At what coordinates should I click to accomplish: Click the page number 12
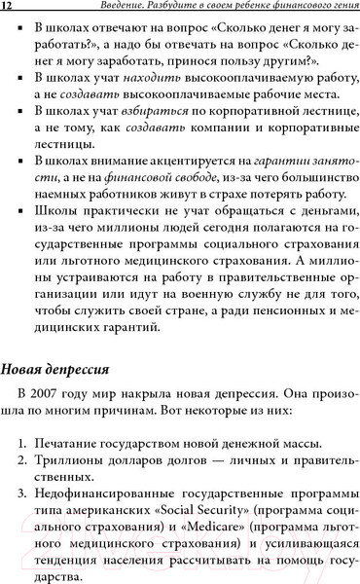coord(7,9)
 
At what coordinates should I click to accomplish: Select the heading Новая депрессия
coord(58,371)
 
